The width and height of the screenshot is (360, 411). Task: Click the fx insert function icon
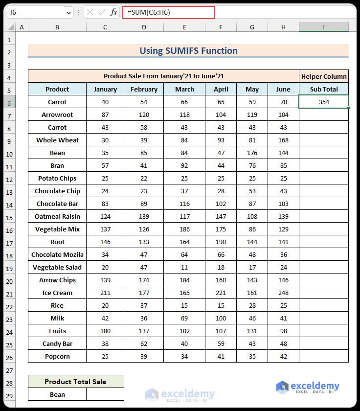coord(113,12)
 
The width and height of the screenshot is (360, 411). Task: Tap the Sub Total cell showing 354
coord(323,102)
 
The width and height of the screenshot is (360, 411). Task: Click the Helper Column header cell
coord(323,76)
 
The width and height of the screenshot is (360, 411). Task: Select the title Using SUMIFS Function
coord(188,50)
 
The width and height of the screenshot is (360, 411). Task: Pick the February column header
coord(144,89)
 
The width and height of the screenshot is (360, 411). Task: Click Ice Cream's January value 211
coord(105,293)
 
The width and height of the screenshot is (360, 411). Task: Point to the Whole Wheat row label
coord(57,140)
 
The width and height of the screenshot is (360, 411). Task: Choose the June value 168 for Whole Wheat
coord(283,140)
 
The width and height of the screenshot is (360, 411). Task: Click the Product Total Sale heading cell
coord(75,382)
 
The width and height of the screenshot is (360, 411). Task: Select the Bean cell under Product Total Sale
coord(57,394)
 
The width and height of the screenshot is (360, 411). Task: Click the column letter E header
coord(184,27)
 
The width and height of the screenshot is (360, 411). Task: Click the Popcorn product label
coord(57,356)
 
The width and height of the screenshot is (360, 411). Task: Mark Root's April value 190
coord(221,242)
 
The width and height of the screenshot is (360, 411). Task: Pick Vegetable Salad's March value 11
coord(184,267)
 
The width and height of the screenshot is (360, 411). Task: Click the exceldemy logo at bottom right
coord(308,387)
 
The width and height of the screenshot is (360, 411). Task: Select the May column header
coord(252,89)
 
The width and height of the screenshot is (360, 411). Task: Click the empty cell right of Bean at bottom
coord(105,394)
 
